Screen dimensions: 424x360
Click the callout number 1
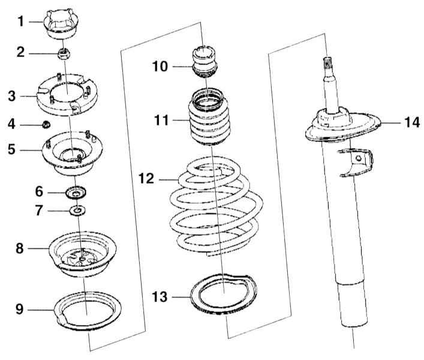tap(21, 22)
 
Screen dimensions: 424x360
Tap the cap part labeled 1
tap(61, 25)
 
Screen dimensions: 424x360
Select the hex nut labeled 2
tap(64, 53)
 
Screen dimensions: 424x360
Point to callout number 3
tap(11, 96)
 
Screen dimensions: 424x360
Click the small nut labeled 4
tap(46, 124)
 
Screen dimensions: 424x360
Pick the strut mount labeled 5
tap(72, 154)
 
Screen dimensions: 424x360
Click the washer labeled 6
tap(76, 193)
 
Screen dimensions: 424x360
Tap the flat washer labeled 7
tap(77, 211)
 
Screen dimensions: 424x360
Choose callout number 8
tap(19, 248)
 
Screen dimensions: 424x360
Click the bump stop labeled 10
tap(205, 62)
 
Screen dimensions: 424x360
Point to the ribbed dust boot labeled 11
tap(210, 118)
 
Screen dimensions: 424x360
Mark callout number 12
tap(146, 179)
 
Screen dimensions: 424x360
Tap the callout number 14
tap(412, 122)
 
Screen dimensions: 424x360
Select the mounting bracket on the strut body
tap(356, 162)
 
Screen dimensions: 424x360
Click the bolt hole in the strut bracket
tap(358, 158)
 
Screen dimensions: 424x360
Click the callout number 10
tap(160, 66)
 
